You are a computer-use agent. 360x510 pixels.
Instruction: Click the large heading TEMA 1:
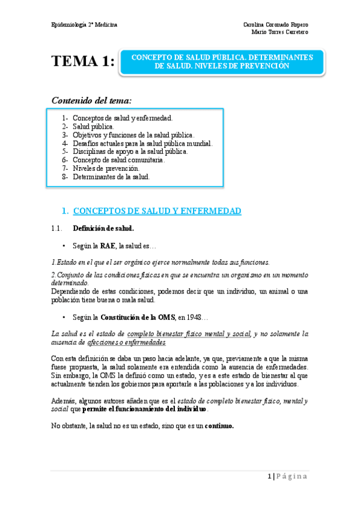tap(83, 61)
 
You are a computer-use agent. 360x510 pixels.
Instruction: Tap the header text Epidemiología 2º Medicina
tap(84, 24)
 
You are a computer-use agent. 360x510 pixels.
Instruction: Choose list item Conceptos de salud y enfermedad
tap(123, 118)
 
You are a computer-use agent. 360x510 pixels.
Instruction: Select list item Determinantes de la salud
tap(111, 177)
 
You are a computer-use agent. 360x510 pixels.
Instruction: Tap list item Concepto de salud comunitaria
tap(118, 161)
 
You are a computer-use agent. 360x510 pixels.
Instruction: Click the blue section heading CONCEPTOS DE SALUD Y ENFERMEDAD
tap(157, 211)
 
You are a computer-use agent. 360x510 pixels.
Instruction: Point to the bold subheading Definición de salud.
tap(103, 229)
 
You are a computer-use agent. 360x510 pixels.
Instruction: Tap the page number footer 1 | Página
tap(287, 477)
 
